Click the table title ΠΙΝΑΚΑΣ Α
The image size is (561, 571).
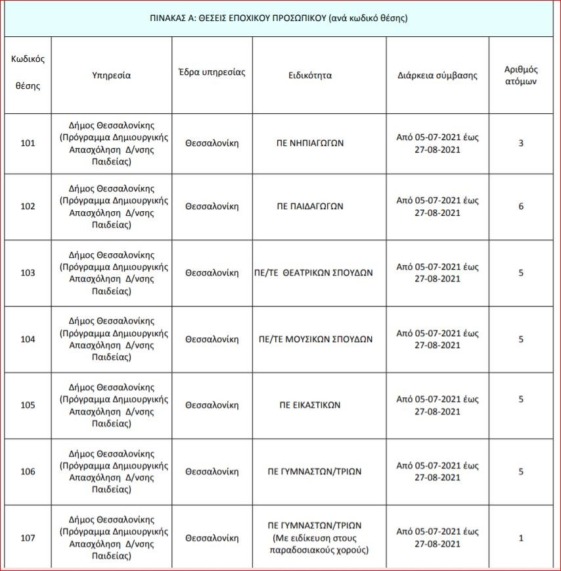[x=279, y=18]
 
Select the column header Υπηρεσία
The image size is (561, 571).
[x=112, y=75]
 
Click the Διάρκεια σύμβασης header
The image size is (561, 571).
[x=438, y=75]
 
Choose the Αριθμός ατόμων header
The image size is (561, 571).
[x=521, y=75]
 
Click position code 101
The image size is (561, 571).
[x=28, y=143]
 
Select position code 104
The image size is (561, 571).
[x=28, y=339]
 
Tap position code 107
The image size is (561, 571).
[x=28, y=538]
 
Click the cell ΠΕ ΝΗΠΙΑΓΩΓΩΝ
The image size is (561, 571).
[x=319, y=143]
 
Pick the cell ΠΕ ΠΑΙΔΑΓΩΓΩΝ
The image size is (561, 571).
[x=319, y=207]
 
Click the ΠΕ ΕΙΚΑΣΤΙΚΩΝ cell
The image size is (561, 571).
[x=310, y=405]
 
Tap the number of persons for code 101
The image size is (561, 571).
[x=521, y=143]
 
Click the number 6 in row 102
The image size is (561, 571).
[x=521, y=207]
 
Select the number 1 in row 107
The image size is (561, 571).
[x=521, y=538]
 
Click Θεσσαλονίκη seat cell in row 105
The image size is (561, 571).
[x=212, y=405]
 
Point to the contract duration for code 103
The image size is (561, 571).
[x=438, y=273]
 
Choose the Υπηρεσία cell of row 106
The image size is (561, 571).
[x=112, y=472]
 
